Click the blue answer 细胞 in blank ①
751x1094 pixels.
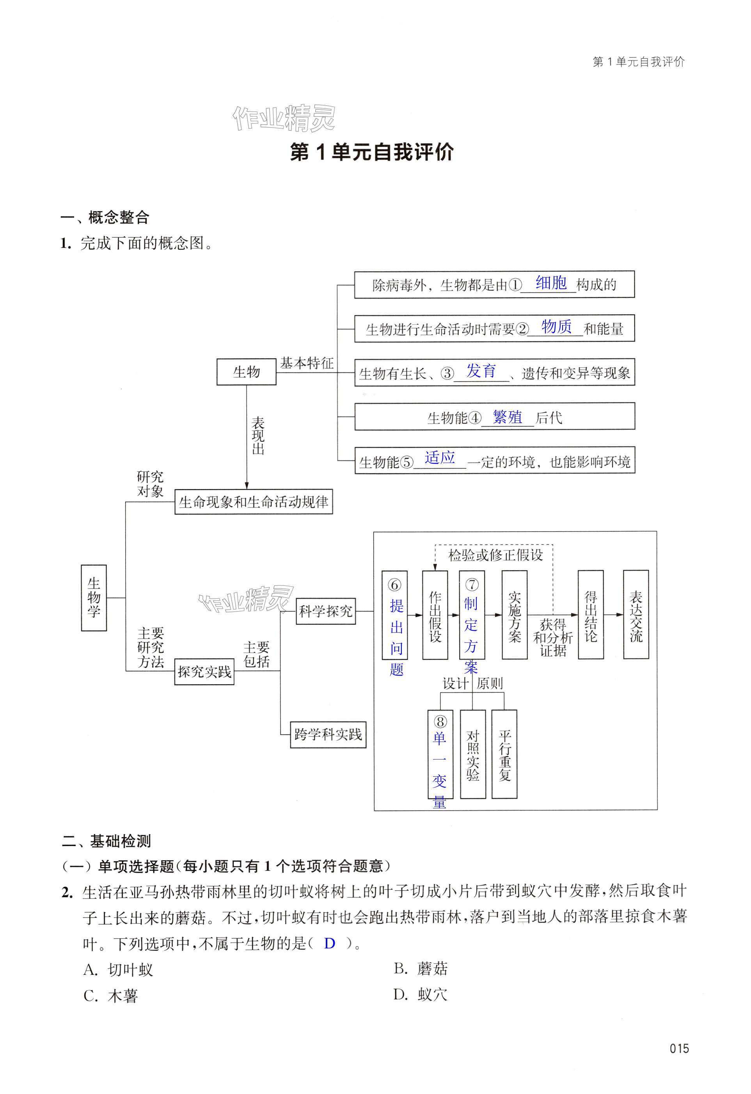pyautogui.click(x=551, y=283)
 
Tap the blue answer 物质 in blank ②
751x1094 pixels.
pyautogui.click(x=556, y=326)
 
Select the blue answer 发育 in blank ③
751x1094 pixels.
pyautogui.click(x=481, y=371)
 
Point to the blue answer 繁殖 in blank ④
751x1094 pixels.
pyautogui.click(x=507, y=416)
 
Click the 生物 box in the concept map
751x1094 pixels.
pyautogui.click(x=246, y=372)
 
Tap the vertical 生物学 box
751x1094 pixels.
pyautogui.click(x=94, y=598)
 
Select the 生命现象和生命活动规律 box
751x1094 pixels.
pyautogui.click(x=254, y=502)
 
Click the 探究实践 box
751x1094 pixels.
pyautogui.click(x=204, y=671)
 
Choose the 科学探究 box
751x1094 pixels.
pyautogui.click(x=326, y=611)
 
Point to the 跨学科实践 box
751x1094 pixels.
pyautogui.click(x=328, y=735)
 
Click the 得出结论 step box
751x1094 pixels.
pyautogui.click(x=591, y=615)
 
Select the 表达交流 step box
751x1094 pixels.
pyautogui.click(x=636, y=615)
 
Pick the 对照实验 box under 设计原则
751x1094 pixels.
pyautogui.click(x=472, y=754)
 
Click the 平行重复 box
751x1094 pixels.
pyautogui.click(x=504, y=754)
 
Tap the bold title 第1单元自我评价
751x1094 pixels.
pyautogui.click(x=372, y=152)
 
